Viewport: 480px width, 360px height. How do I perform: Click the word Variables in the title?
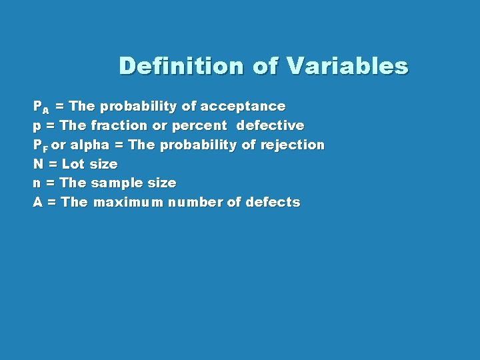click(x=347, y=66)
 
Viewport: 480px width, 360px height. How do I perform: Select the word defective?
click(x=270, y=125)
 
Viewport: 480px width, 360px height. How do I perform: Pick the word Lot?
click(x=73, y=164)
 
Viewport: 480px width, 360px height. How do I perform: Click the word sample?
click(x=115, y=183)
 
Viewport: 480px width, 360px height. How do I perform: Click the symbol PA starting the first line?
click(x=41, y=107)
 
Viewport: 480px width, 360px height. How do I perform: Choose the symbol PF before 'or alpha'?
click(x=41, y=145)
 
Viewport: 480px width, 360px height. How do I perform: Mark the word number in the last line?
click(x=195, y=202)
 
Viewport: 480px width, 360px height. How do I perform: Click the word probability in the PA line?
click(x=138, y=107)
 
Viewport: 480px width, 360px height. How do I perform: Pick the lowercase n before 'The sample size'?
click(x=38, y=183)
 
